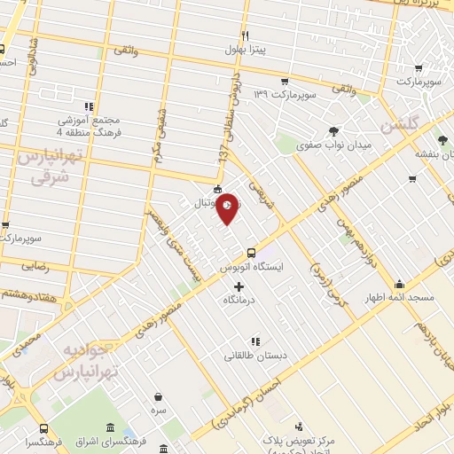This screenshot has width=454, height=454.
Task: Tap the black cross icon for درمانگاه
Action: tap(239, 286)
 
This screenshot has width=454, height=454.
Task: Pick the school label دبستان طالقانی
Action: tap(256, 356)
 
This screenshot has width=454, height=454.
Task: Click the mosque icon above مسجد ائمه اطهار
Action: tap(400, 285)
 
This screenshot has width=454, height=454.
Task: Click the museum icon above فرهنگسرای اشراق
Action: tap(110, 429)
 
